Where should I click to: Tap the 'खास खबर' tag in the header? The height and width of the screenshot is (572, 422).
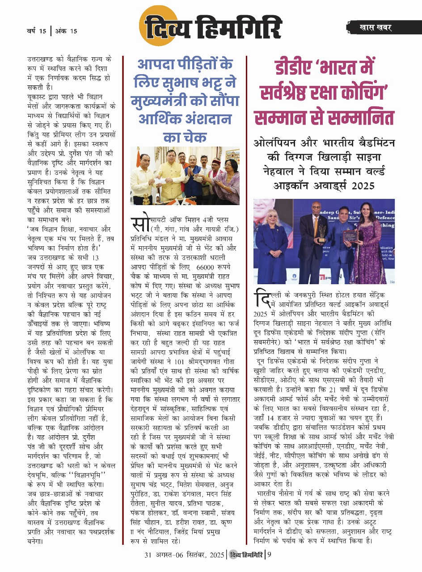pos(375,28)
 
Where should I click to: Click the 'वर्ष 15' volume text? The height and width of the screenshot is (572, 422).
pos(36,31)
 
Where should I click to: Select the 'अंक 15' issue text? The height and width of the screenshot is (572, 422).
pos(66,31)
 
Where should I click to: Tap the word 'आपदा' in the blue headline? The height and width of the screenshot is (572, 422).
pos(158,66)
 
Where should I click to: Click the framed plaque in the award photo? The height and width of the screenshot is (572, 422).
pos(350,236)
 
